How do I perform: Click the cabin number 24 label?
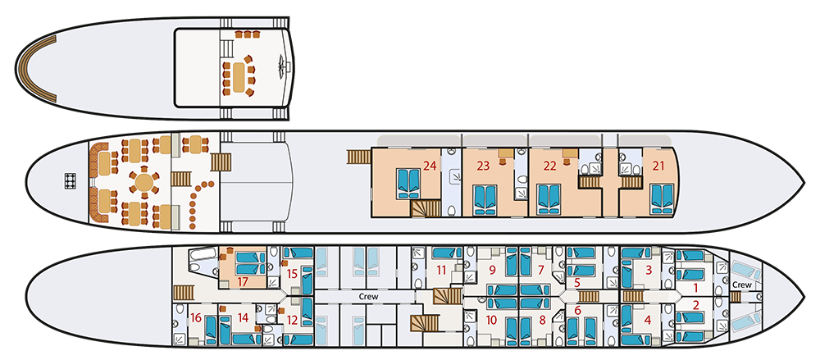click(x=430, y=166)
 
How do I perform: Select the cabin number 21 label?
click(x=658, y=166)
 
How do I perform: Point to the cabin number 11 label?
click(x=441, y=271)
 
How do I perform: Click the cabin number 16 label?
click(x=196, y=317)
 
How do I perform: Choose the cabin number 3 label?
click(x=649, y=271)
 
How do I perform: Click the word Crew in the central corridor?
click(x=368, y=297)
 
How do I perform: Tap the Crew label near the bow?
click(x=741, y=285)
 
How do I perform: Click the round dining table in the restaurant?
click(x=143, y=183)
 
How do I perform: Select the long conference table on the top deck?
click(x=239, y=76)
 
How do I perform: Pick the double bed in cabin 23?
click(x=485, y=200)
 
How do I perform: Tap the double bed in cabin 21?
click(x=662, y=199)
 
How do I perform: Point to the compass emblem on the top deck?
click(x=283, y=66)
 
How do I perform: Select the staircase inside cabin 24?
click(x=426, y=209)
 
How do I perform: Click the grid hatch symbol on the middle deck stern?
click(x=70, y=180)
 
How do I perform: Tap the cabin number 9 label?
click(x=491, y=271)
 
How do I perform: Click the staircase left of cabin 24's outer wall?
click(x=359, y=157)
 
